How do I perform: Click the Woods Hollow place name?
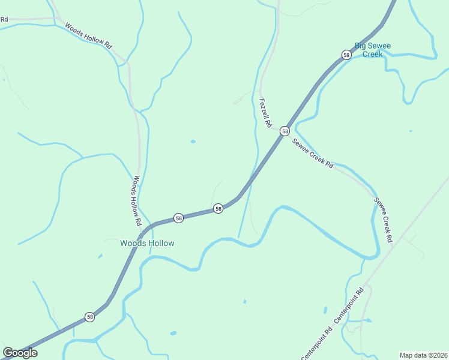147,243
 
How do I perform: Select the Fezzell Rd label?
265,112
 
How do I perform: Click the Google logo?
20,353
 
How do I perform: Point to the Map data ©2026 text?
423,355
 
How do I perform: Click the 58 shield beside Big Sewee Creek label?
346,55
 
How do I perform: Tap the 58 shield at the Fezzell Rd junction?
285,131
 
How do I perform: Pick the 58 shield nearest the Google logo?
89,316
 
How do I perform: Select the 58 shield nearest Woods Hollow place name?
178,218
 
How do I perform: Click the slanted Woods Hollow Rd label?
88,37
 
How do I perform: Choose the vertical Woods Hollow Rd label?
137,200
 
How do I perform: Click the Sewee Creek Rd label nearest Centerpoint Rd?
384,219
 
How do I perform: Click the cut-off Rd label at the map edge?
4,19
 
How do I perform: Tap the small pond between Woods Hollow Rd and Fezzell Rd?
193,142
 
